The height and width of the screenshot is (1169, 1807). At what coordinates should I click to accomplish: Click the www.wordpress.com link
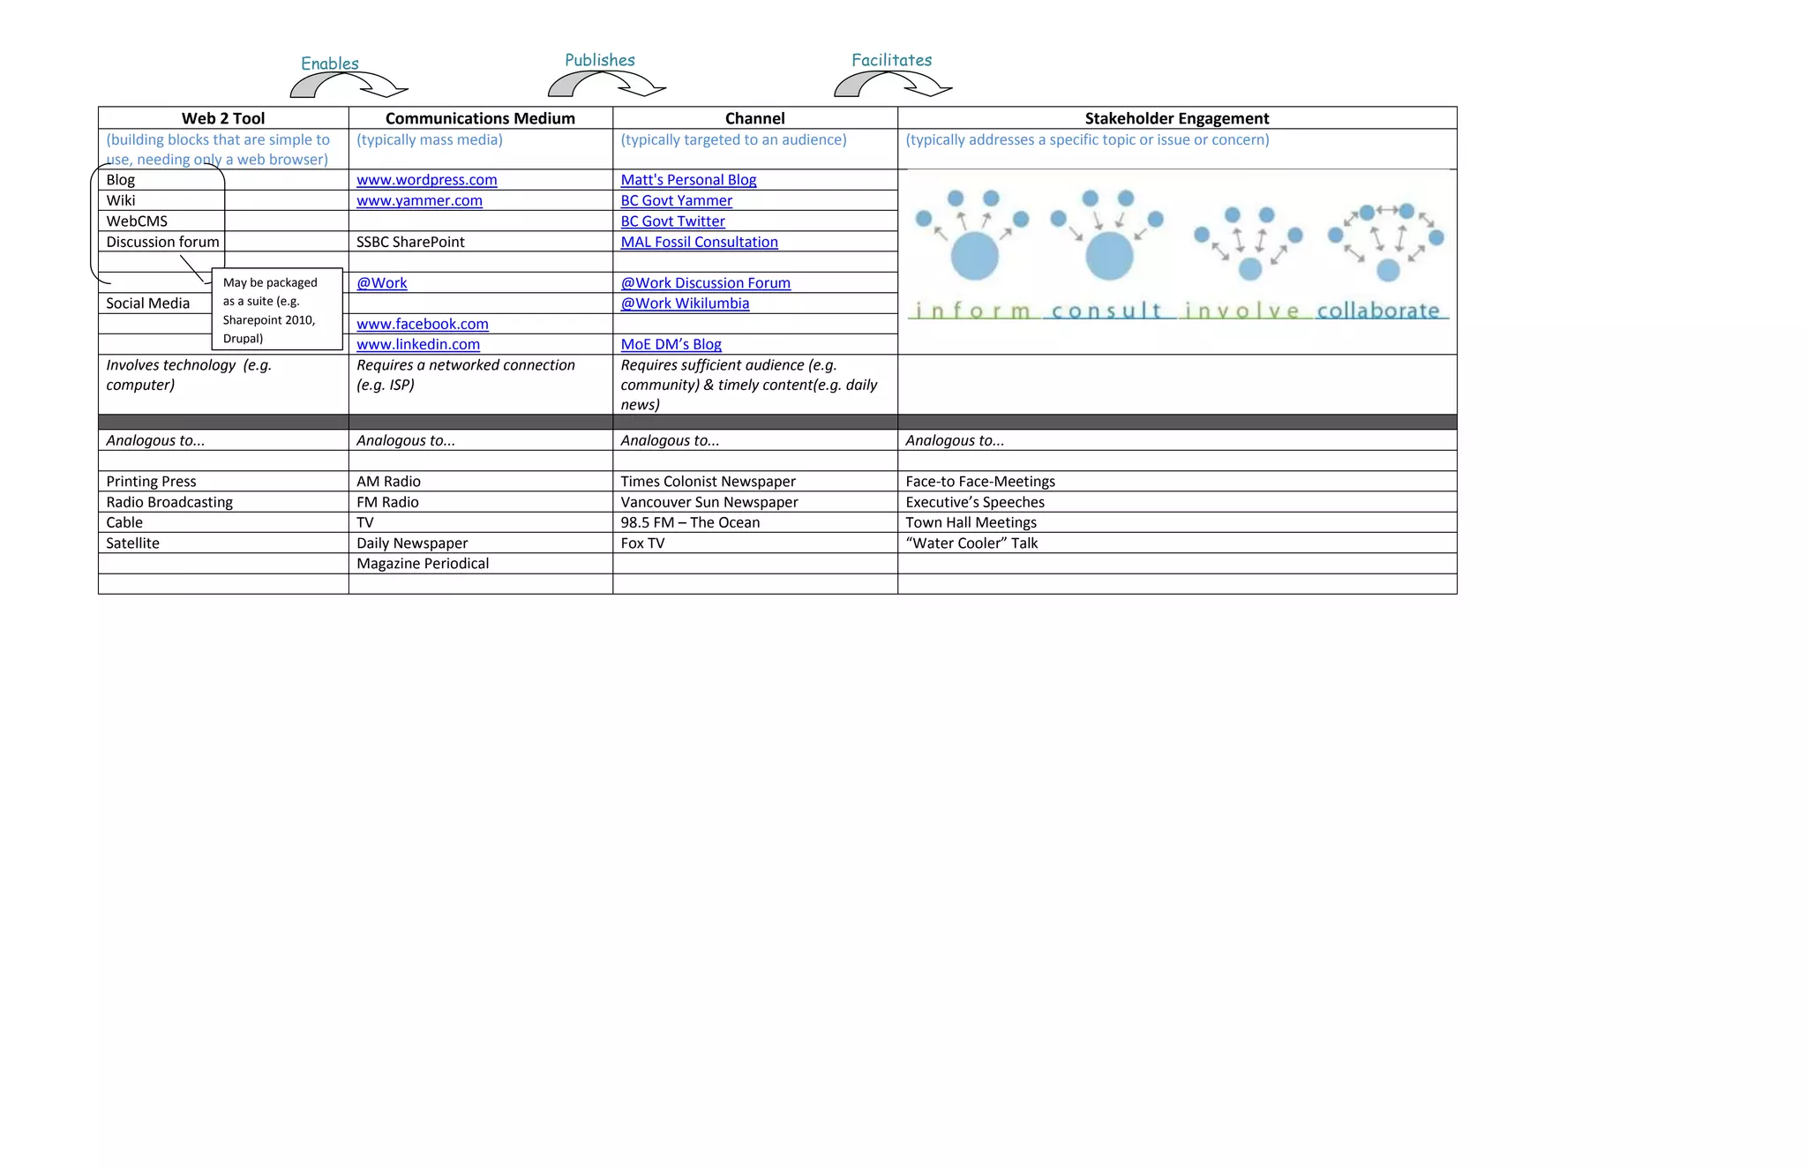pyautogui.click(x=426, y=180)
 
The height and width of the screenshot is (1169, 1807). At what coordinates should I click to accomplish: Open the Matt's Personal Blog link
pyautogui.click(x=688, y=180)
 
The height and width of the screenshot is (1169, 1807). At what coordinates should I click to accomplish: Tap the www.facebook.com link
pyautogui.click(x=422, y=324)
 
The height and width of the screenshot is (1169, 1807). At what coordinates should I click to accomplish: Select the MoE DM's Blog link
pyautogui.click(x=671, y=344)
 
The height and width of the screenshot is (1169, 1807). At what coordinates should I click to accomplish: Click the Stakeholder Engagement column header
pyautogui.click(x=1176, y=118)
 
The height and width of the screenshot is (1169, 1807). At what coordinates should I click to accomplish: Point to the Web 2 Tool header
pyautogui.click(x=223, y=118)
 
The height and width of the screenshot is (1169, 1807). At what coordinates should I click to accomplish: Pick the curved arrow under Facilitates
pyautogui.click(x=893, y=85)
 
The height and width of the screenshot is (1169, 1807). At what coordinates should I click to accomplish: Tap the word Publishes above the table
pyautogui.click(x=600, y=60)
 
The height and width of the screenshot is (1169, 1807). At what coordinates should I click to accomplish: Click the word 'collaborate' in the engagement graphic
pyautogui.click(x=1378, y=311)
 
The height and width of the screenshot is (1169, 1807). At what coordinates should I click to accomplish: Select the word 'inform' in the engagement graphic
pyautogui.click(x=973, y=311)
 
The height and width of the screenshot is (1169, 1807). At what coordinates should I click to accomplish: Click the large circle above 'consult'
pyautogui.click(x=1109, y=256)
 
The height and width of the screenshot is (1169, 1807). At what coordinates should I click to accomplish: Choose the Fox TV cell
pyautogui.click(x=642, y=543)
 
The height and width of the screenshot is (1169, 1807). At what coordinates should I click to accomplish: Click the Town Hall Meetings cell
pyautogui.click(x=971, y=522)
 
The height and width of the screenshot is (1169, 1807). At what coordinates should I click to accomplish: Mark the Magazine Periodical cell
pyautogui.click(x=423, y=564)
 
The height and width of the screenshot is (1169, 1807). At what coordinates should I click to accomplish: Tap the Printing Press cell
pyautogui.click(x=151, y=482)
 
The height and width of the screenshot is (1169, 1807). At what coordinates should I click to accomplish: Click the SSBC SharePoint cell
pyautogui.click(x=410, y=242)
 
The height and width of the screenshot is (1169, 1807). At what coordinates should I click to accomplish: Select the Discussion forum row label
pyautogui.click(x=162, y=242)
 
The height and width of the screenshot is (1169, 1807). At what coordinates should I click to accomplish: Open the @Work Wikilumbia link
pyautogui.click(x=685, y=303)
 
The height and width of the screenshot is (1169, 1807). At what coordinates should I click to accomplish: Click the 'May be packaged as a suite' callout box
pyautogui.click(x=277, y=310)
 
